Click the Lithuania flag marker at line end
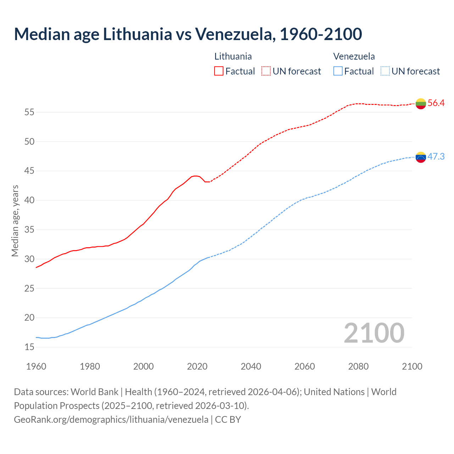(x=421, y=104)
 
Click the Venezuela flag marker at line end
(x=421, y=157)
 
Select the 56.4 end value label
(x=436, y=103)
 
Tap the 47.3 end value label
(x=436, y=157)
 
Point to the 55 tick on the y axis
(x=29, y=112)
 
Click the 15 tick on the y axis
(x=29, y=347)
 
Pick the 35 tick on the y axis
(x=29, y=230)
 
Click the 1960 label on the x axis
(x=36, y=366)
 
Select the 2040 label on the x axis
(x=251, y=366)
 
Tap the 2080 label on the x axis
(x=358, y=366)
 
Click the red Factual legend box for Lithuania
(x=219, y=71)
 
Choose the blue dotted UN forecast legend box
(x=385, y=71)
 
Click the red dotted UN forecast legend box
(x=266, y=71)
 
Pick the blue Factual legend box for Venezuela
(x=338, y=71)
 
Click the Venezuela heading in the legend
(x=354, y=56)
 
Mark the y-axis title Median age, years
(x=15, y=221)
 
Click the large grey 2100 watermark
(x=374, y=333)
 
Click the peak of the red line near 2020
(x=195, y=176)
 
